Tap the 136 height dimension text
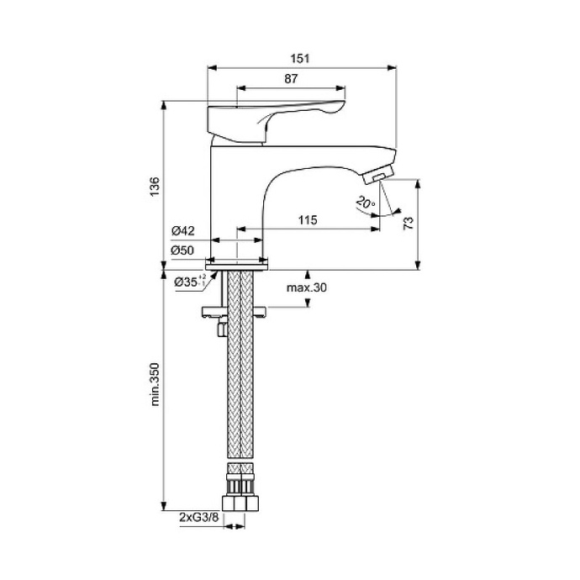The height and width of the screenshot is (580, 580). coord(152,185)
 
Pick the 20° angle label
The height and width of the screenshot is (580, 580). coord(362,203)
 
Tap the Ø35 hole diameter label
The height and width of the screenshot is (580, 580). coord(187,282)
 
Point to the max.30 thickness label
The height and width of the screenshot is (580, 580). coord(306,287)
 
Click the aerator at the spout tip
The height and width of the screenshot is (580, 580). coord(377,174)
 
